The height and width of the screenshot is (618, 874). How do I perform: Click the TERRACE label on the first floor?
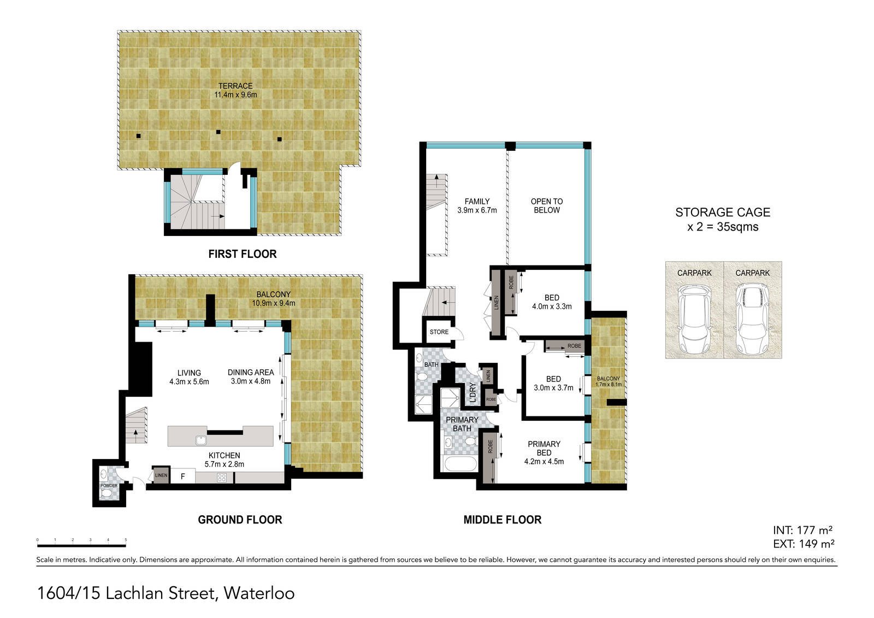click(235, 86)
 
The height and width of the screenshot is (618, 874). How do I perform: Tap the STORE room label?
click(439, 332)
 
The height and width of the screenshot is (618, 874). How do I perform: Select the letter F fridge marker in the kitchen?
click(182, 476)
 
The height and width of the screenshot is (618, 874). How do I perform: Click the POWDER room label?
click(109, 486)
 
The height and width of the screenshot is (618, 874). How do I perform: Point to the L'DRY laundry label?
click(473, 393)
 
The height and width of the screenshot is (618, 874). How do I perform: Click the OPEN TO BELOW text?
click(547, 206)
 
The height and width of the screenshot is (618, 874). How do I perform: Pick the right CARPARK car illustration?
click(753, 318)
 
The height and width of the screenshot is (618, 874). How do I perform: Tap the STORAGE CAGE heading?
click(723, 213)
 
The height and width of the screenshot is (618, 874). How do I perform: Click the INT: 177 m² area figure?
click(803, 530)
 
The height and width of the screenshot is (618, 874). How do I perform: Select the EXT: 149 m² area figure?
click(804, 544)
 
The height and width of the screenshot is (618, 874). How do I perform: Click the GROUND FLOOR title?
click(240, 520)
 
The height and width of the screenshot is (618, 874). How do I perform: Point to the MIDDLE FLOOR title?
click(503, 520)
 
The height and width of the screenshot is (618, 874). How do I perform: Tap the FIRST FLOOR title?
click(243, 254)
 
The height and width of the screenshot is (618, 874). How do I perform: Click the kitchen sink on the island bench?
click(201, 440)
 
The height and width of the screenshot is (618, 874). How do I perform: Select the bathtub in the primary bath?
click(460, 464)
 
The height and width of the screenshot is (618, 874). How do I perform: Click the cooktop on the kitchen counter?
click(222, 478)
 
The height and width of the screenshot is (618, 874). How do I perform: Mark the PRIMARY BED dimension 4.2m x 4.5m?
click(544, 461)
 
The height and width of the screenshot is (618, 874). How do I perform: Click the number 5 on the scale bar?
click(126, 540)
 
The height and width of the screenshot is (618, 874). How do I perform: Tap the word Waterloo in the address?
click(259, 593)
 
